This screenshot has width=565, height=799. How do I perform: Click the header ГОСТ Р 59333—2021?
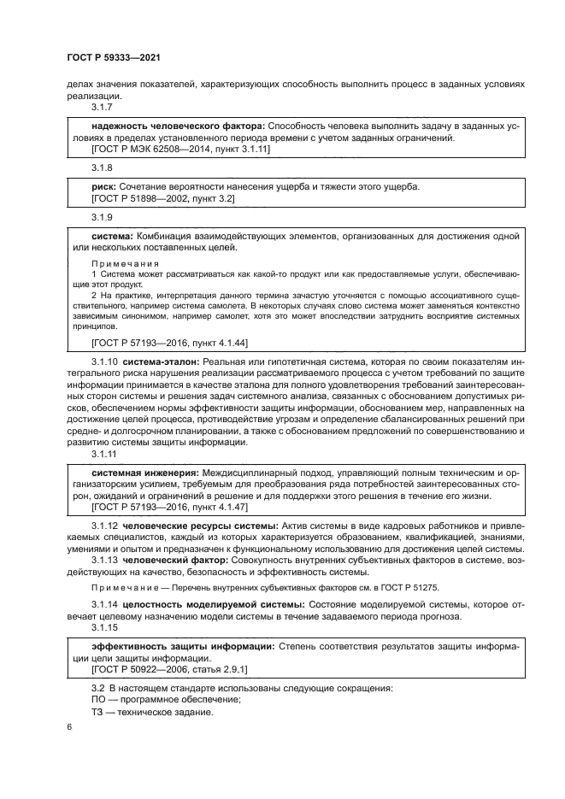click(x=114, y=57)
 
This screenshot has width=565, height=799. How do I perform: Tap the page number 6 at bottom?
click(x=69, y=728)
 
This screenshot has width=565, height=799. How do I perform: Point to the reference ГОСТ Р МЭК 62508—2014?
click(x=150, y=149)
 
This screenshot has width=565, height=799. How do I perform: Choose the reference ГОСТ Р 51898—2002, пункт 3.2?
click(x=162, y=197)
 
